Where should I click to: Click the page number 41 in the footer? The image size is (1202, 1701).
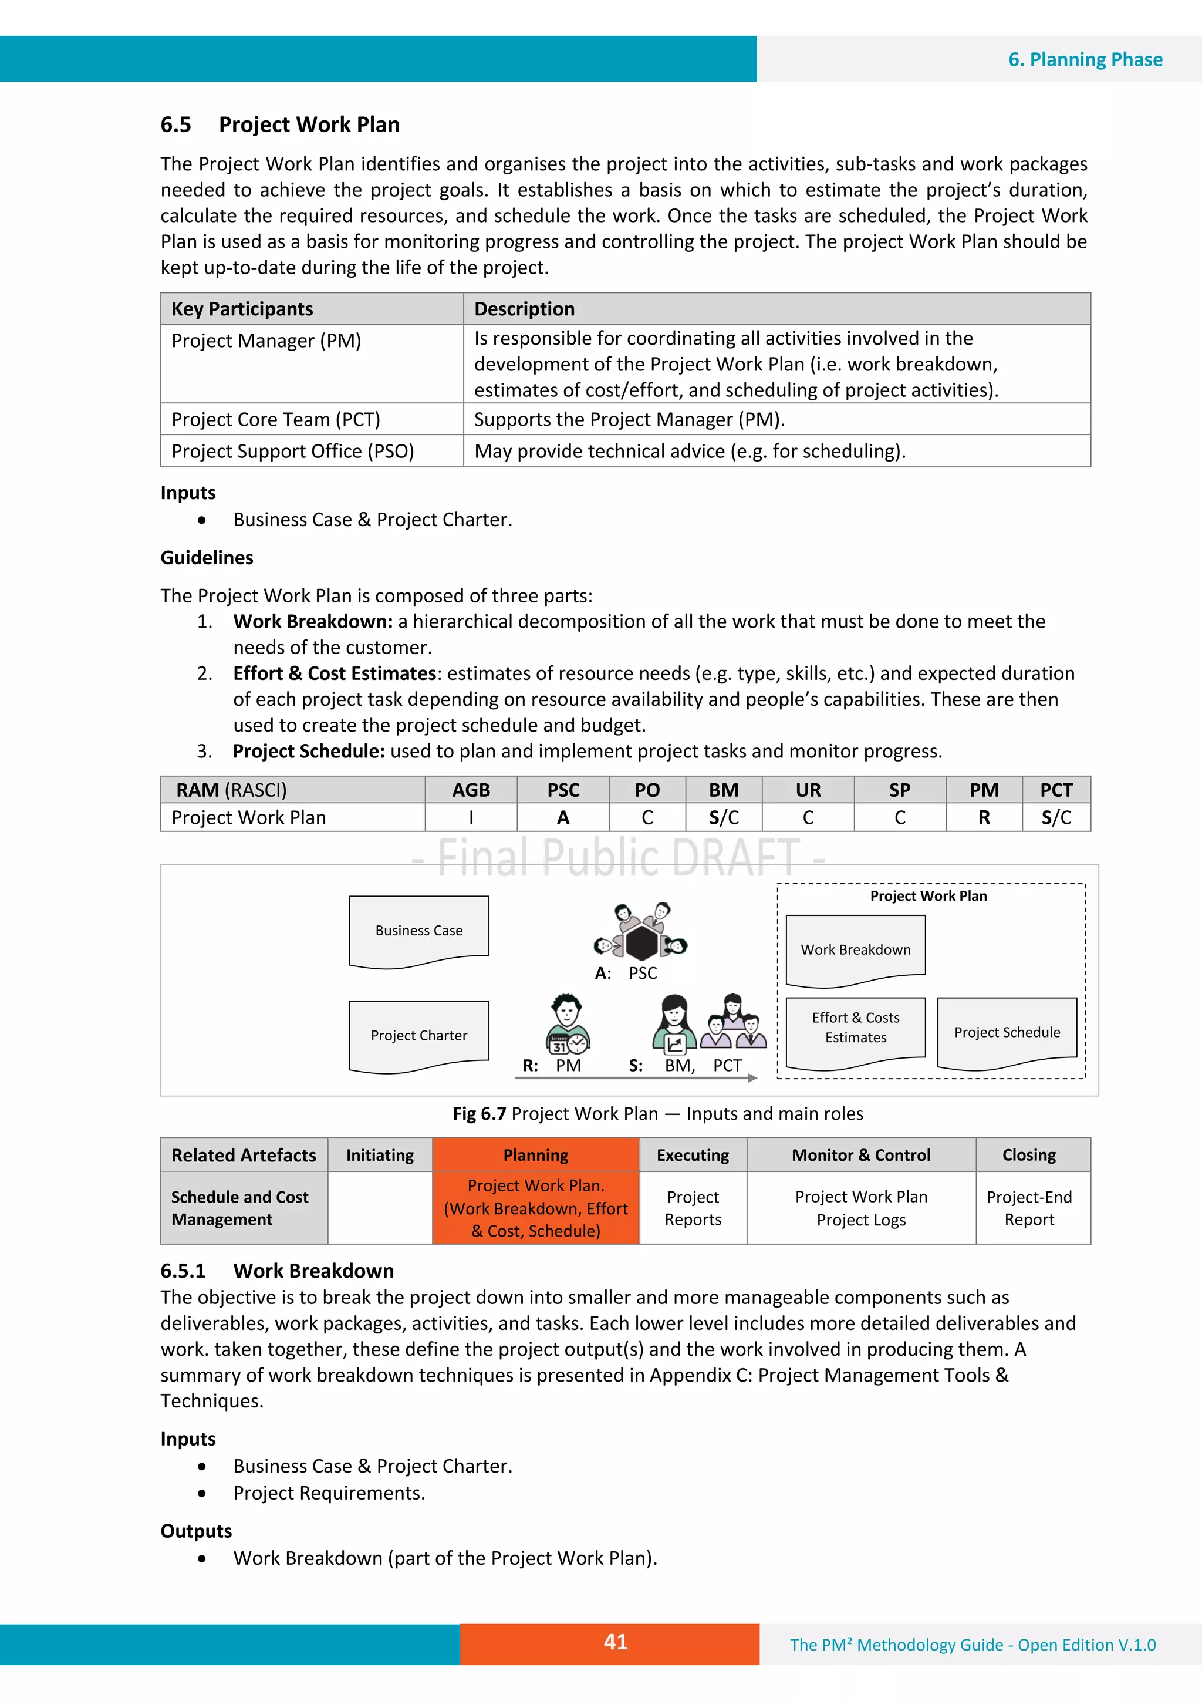[616, 1642]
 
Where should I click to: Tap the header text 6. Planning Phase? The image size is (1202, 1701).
[1085, 59]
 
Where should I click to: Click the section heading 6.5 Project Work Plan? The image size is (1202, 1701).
[280, 124]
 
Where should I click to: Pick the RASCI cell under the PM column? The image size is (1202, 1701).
[984, 818]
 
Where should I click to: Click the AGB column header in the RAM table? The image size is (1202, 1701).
[471, 790]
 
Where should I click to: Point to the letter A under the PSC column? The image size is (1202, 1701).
[563, 818]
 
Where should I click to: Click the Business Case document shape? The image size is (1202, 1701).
[419, 931]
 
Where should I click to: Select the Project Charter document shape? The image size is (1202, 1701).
[419, 1035]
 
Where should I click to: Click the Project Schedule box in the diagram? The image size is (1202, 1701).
[1007, 1032]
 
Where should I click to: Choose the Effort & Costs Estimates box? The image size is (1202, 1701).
[855, 1028]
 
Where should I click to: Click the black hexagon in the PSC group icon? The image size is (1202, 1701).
[641, 943]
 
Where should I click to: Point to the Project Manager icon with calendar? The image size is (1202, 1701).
[568, 1024]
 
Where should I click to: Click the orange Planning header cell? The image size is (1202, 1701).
[535, 1155]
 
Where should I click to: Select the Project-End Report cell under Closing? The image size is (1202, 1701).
[1029, 1208]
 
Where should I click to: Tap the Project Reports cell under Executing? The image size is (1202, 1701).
[693, 1208]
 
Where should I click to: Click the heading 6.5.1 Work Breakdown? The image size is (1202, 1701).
[277, 1271]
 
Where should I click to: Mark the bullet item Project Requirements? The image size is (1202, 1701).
[329, 1493]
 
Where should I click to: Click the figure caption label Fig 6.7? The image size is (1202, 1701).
[479, 1113]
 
